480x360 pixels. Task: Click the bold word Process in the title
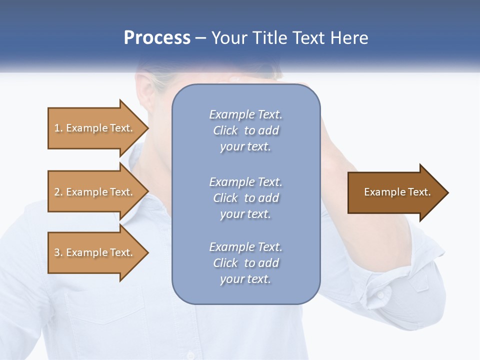[157, 38]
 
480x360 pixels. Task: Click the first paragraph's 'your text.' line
[245, 147]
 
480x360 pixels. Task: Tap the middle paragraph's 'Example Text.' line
[245, 182]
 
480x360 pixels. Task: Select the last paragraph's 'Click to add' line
[245, 263]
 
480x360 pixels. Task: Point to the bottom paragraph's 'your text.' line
[245, 279]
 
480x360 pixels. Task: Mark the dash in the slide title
[201, 38]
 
